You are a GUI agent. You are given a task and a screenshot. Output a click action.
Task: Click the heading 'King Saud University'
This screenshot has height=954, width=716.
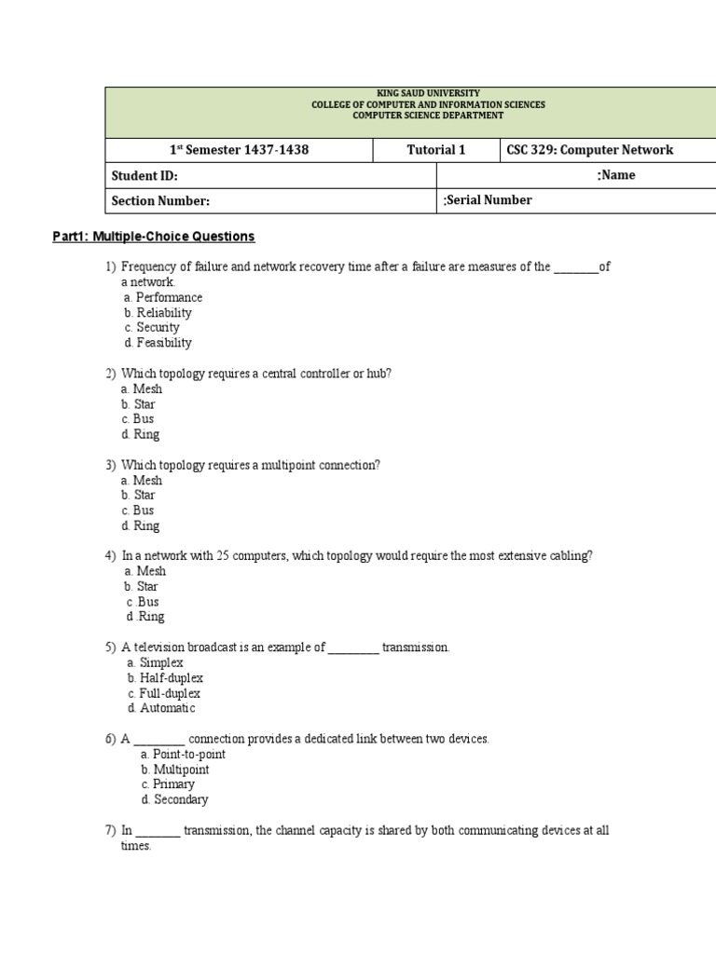(x=428, y=94)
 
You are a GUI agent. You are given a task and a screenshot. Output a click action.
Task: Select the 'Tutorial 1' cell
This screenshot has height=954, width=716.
(x=435, y=150)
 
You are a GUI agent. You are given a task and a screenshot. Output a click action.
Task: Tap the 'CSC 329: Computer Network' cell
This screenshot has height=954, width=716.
(x=589, y=150)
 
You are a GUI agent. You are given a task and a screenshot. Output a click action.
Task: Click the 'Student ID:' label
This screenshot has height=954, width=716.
(x=145, y=175)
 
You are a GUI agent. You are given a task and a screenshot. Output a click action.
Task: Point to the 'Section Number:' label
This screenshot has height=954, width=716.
(x=160, y=200)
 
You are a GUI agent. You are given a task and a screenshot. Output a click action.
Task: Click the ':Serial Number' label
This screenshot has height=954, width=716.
(x=489, y=200)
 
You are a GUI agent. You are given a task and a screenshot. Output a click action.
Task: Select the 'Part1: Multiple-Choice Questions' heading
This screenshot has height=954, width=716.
(x=153, y=237)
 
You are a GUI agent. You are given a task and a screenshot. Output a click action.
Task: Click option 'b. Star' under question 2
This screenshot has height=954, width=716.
(x=138, y=404)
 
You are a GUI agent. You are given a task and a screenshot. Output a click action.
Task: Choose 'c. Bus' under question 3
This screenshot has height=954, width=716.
(x=138, y=511)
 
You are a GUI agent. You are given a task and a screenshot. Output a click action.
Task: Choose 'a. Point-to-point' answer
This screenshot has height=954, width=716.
(x=183, y=754)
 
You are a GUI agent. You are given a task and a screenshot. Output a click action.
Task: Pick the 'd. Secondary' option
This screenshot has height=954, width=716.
(x=174, y=799)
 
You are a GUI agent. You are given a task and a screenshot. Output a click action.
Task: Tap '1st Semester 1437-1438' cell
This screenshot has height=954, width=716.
(x=239, y=150)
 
